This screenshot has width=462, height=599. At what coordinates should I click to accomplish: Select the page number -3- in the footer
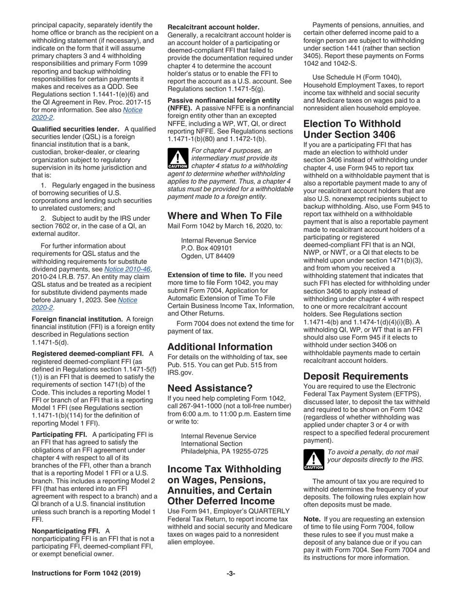click(231, 573)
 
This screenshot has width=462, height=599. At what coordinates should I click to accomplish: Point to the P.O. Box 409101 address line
click(207, 247)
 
